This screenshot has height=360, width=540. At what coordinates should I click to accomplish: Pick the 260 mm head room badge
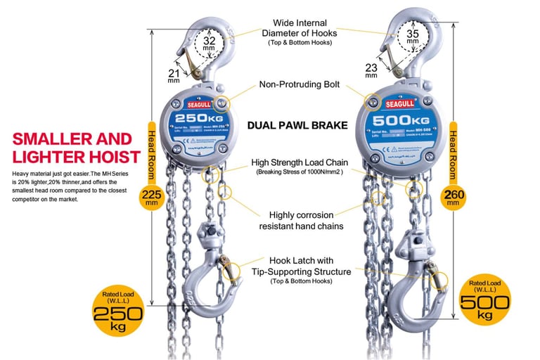[454, 196]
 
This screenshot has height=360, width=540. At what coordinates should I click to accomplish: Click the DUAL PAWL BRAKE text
[297, 126]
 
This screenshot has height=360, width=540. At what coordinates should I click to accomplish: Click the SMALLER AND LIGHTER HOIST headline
[72, 147]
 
